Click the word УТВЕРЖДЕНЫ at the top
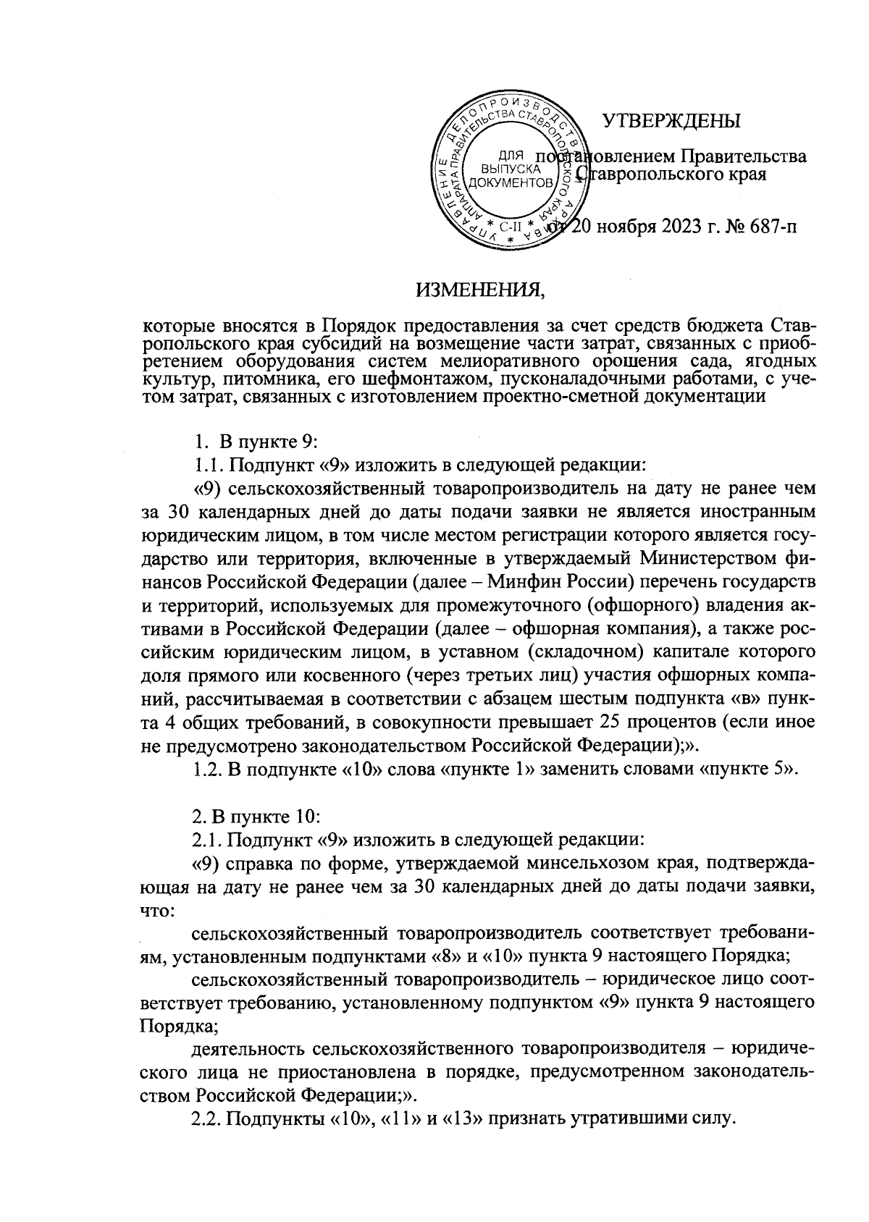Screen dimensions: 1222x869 tap(673, 121)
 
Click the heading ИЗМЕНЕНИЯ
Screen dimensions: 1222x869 tap(479, 290)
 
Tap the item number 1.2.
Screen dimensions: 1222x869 tap(209, 769)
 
